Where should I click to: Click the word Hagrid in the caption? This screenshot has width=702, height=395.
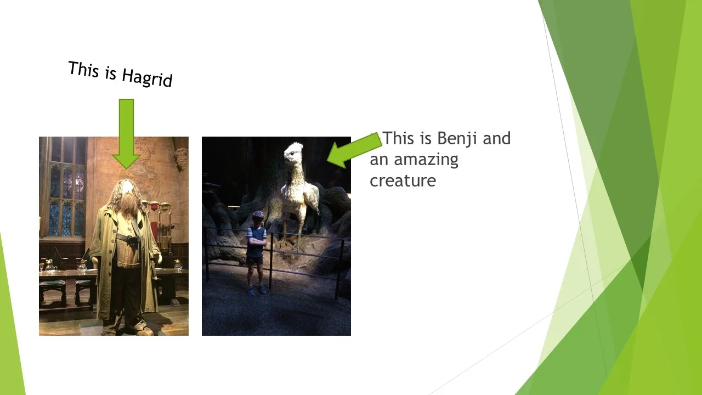coord(147,77)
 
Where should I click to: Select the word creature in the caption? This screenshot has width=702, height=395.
coord(403,180)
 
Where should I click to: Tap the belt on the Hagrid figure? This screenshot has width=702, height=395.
coord(126,239)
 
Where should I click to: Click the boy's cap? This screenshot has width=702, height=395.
coord(258,215)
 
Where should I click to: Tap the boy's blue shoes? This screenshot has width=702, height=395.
coord(256,290)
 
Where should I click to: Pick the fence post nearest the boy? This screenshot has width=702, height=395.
coord(271,261)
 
